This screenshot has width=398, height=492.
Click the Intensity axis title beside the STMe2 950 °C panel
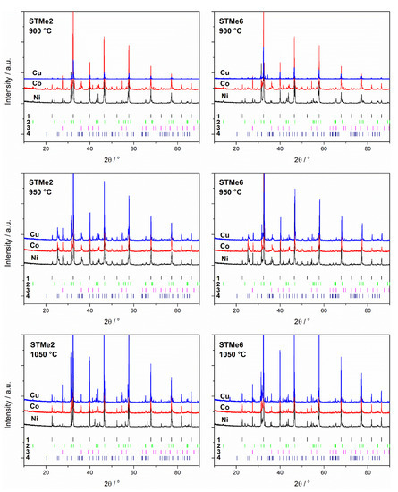coord(8,238)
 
